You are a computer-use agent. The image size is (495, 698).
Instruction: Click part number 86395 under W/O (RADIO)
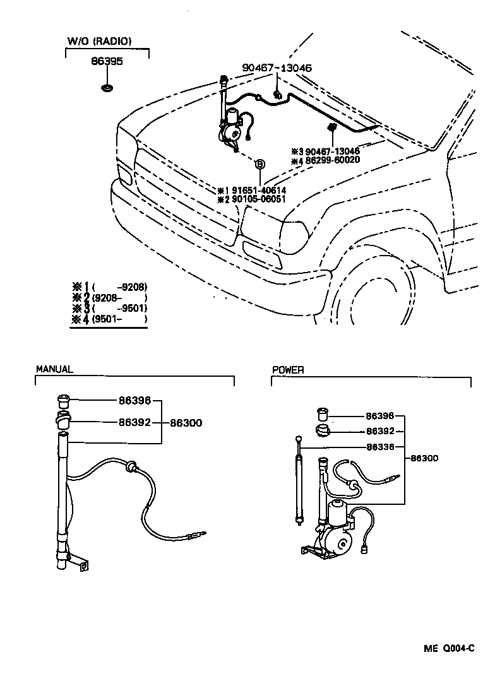point(107,62)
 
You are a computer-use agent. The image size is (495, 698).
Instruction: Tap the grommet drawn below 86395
point(107,86)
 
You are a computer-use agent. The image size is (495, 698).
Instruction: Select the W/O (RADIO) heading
point(99,42)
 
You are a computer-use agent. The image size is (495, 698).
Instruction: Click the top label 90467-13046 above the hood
point(277,68)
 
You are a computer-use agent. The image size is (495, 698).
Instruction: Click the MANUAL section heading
point(54,369)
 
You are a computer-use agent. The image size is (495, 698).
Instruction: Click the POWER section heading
point(288,370)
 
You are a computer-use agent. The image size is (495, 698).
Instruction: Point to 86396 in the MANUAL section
point(134,400)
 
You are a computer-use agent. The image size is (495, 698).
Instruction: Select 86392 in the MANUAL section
point(134,422)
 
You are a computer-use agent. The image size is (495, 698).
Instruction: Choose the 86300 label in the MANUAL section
point(186,423)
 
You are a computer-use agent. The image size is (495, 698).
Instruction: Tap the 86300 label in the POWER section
point(425,458)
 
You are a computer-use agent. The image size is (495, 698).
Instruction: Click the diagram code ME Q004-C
point(449,648)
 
